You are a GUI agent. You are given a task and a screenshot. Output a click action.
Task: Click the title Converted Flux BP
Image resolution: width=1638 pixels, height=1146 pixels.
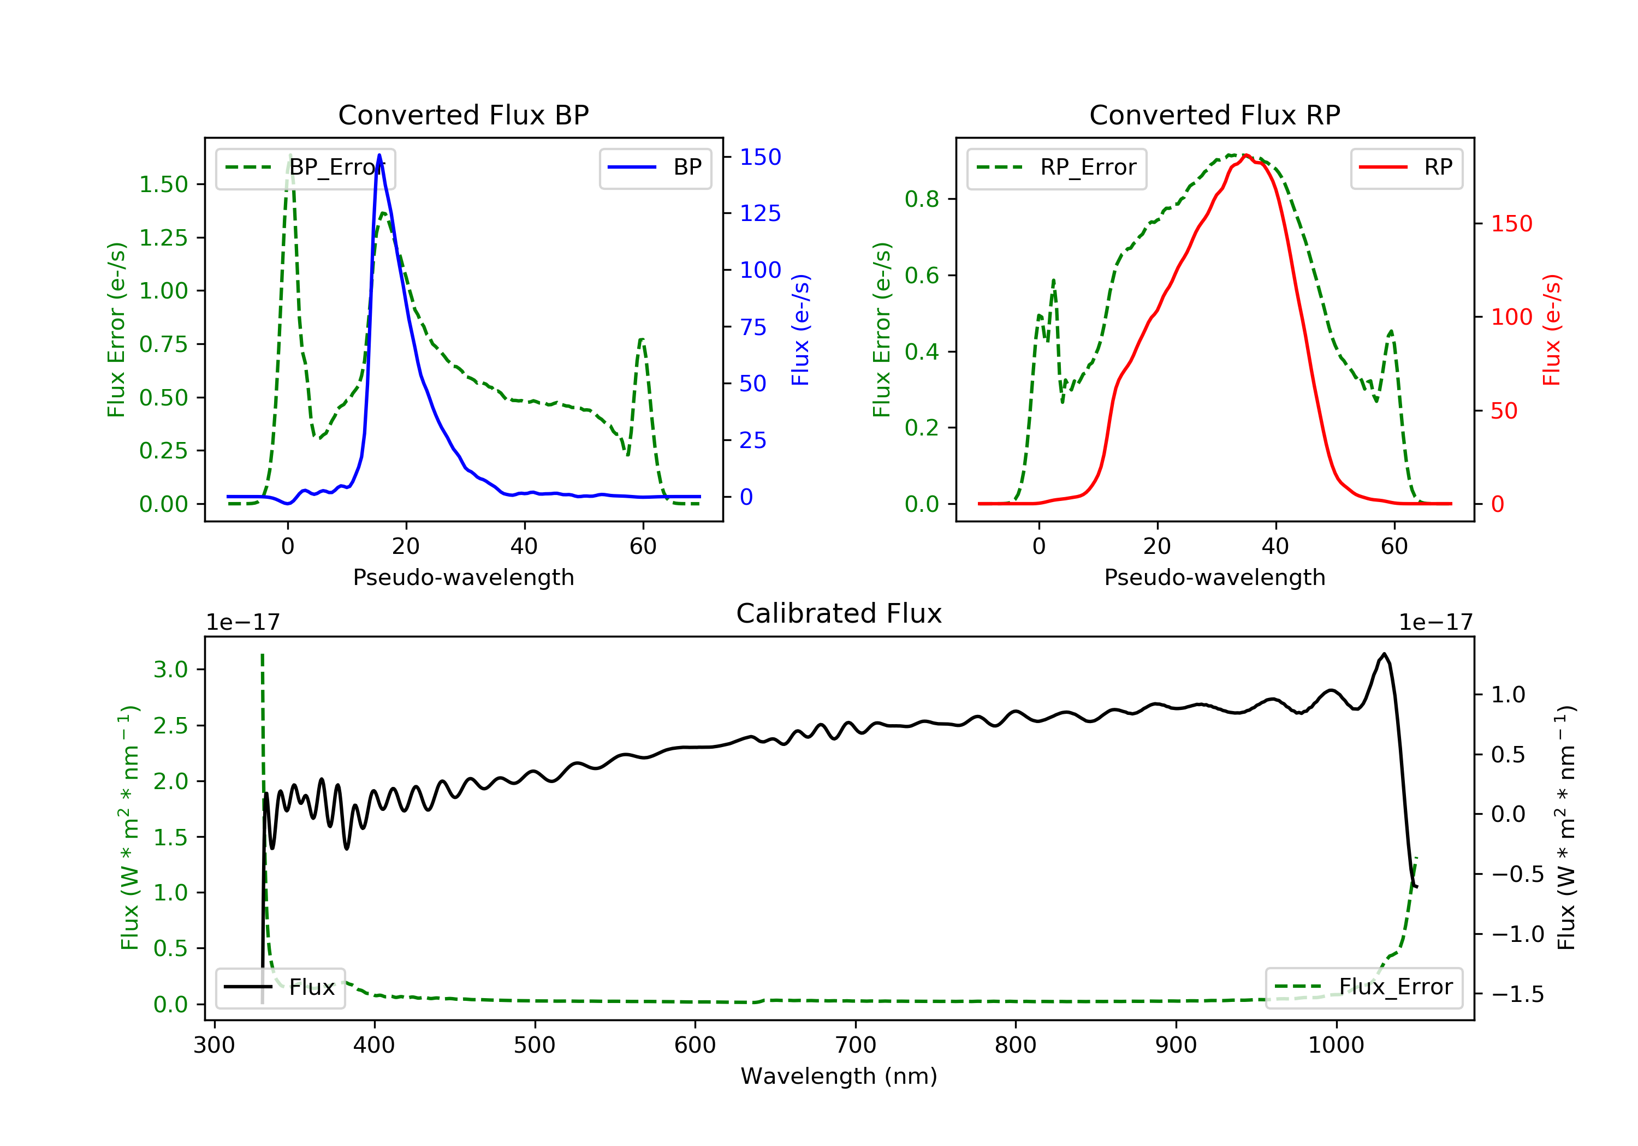tap(463, 115)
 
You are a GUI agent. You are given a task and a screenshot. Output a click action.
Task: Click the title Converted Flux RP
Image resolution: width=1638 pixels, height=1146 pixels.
tap(1214, 115)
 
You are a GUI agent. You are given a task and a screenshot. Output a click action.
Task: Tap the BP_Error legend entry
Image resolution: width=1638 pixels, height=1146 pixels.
tap(305, 168)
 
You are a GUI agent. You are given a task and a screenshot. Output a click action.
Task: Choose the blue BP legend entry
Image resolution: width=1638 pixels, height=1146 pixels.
tap(655, 168)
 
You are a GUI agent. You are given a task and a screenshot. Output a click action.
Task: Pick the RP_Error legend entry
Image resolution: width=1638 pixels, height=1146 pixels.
tap(1057, 168)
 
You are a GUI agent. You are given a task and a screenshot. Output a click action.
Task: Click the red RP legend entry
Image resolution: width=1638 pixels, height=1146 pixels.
tap(1406, 168)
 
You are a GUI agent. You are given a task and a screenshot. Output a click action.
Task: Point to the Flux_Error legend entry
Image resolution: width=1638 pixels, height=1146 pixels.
tap(1363, 987)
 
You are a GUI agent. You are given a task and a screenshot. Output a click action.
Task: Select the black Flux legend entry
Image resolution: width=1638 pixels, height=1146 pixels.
tap(281, 987)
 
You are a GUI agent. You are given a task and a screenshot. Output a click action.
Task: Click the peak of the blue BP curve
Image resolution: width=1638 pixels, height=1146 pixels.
tap(379, 155)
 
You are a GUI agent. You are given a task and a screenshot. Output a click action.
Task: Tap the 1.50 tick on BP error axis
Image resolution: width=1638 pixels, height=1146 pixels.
tap(163, 184)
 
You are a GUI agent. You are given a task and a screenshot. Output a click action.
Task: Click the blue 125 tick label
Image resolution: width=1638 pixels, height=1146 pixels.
tap(760, 213)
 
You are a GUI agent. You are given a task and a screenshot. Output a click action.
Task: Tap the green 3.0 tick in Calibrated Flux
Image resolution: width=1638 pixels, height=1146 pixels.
tap(170, 670)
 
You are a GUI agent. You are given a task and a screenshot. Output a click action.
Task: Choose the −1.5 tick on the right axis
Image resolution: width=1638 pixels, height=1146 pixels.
tap(1517, 994)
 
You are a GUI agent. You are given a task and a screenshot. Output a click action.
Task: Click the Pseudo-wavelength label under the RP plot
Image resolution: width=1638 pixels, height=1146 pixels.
tap(1214, 577)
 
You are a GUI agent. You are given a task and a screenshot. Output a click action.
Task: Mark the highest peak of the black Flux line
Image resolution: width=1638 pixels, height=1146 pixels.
tap(1384, 654)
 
